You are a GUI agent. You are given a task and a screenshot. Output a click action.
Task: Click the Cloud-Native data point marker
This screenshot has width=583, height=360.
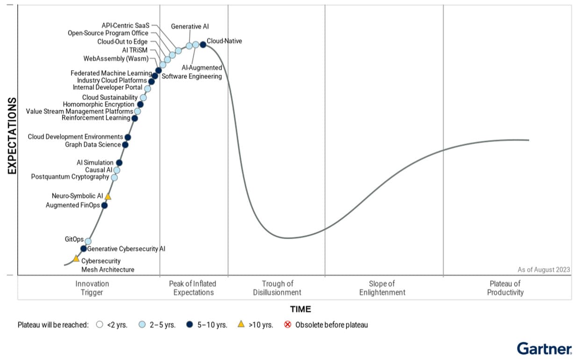(203, 44)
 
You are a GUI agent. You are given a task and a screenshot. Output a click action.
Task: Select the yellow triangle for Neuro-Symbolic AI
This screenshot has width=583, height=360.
(108, 197)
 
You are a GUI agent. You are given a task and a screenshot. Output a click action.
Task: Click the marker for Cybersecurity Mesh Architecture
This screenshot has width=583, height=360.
(76, 259)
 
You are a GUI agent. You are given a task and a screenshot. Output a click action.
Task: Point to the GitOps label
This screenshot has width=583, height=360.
(74, 239)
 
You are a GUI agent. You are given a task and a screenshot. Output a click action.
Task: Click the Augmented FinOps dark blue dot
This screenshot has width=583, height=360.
(104, 205)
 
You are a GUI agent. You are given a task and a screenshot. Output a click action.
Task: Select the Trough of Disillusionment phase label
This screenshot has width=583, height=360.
(277, 288)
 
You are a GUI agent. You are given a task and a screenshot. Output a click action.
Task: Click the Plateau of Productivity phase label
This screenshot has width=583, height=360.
(505, 288)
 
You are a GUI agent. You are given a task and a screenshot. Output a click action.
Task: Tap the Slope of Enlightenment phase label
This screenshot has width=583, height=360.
(382, 288)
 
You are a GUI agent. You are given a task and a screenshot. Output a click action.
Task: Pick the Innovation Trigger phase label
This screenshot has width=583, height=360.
(92, 288)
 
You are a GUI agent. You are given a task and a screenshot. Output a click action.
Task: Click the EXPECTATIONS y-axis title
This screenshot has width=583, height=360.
(13, 136)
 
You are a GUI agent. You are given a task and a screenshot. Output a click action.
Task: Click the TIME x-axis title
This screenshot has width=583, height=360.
(300, 309)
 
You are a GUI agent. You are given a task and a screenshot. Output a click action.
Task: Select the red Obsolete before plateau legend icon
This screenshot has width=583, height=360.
(288, 324)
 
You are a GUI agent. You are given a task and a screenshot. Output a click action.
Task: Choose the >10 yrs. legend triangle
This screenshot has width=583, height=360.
(241, 324)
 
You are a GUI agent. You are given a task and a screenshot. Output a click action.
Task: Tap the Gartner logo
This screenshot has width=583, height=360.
(544, 348)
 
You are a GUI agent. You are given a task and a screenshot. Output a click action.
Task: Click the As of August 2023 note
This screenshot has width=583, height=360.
(543, 270)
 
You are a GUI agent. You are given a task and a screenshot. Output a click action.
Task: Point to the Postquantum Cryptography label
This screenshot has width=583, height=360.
(70, 177)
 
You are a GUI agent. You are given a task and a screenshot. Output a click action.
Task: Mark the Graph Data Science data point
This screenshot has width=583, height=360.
(125, 145)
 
